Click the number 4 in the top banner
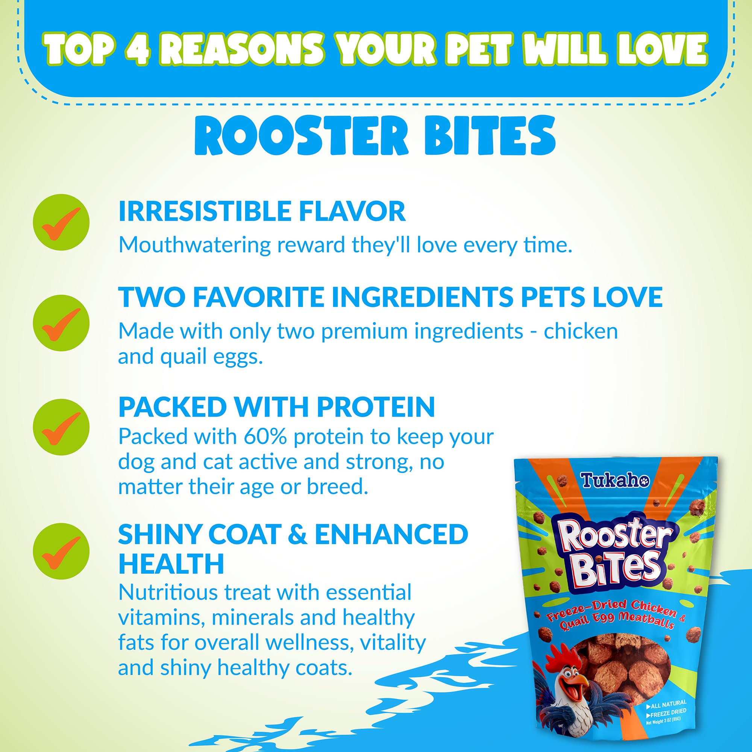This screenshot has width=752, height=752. [x=136, y=49]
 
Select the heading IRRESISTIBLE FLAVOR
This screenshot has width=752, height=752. [x=262, y=211]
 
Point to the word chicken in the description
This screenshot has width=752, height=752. [x=580, y=331]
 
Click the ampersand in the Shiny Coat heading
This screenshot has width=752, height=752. [x=298, y=534]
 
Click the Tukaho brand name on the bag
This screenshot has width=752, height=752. [x=615, y=481]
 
